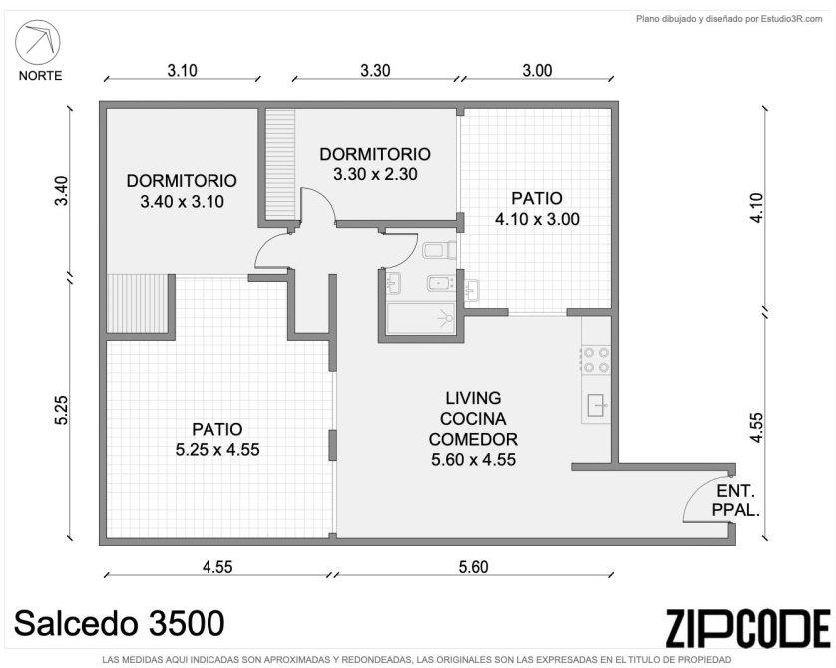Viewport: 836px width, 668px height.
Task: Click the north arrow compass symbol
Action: (37, 42)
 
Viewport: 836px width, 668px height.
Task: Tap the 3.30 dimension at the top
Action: (375, 70)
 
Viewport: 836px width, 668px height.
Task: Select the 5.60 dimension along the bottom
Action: (474, 566)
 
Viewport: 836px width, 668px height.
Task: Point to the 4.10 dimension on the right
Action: (756, 208)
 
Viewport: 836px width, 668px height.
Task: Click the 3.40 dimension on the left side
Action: (62, 190)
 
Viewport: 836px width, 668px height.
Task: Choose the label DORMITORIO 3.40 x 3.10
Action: (182, 191)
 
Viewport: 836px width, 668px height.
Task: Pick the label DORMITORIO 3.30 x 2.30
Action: (375, 164)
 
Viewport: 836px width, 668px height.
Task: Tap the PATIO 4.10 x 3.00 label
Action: (537, 208)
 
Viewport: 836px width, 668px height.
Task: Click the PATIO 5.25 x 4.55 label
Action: (217, 439)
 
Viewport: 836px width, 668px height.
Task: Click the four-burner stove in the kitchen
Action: (596, 360)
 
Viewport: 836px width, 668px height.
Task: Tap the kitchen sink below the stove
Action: (597, 405)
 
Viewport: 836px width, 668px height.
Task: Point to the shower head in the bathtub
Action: (446, 318)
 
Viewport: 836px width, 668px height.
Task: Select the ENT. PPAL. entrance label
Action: (736, 501)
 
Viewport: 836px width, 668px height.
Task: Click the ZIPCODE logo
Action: (748, 628)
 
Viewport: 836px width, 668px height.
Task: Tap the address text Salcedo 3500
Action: (120, 623)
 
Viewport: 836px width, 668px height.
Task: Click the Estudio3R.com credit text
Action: (729, 19)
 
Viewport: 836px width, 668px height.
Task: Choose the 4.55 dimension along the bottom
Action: (217, 566)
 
